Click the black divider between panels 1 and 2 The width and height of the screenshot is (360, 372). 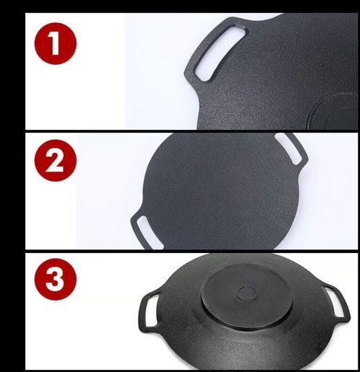[x=180, y=130]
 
